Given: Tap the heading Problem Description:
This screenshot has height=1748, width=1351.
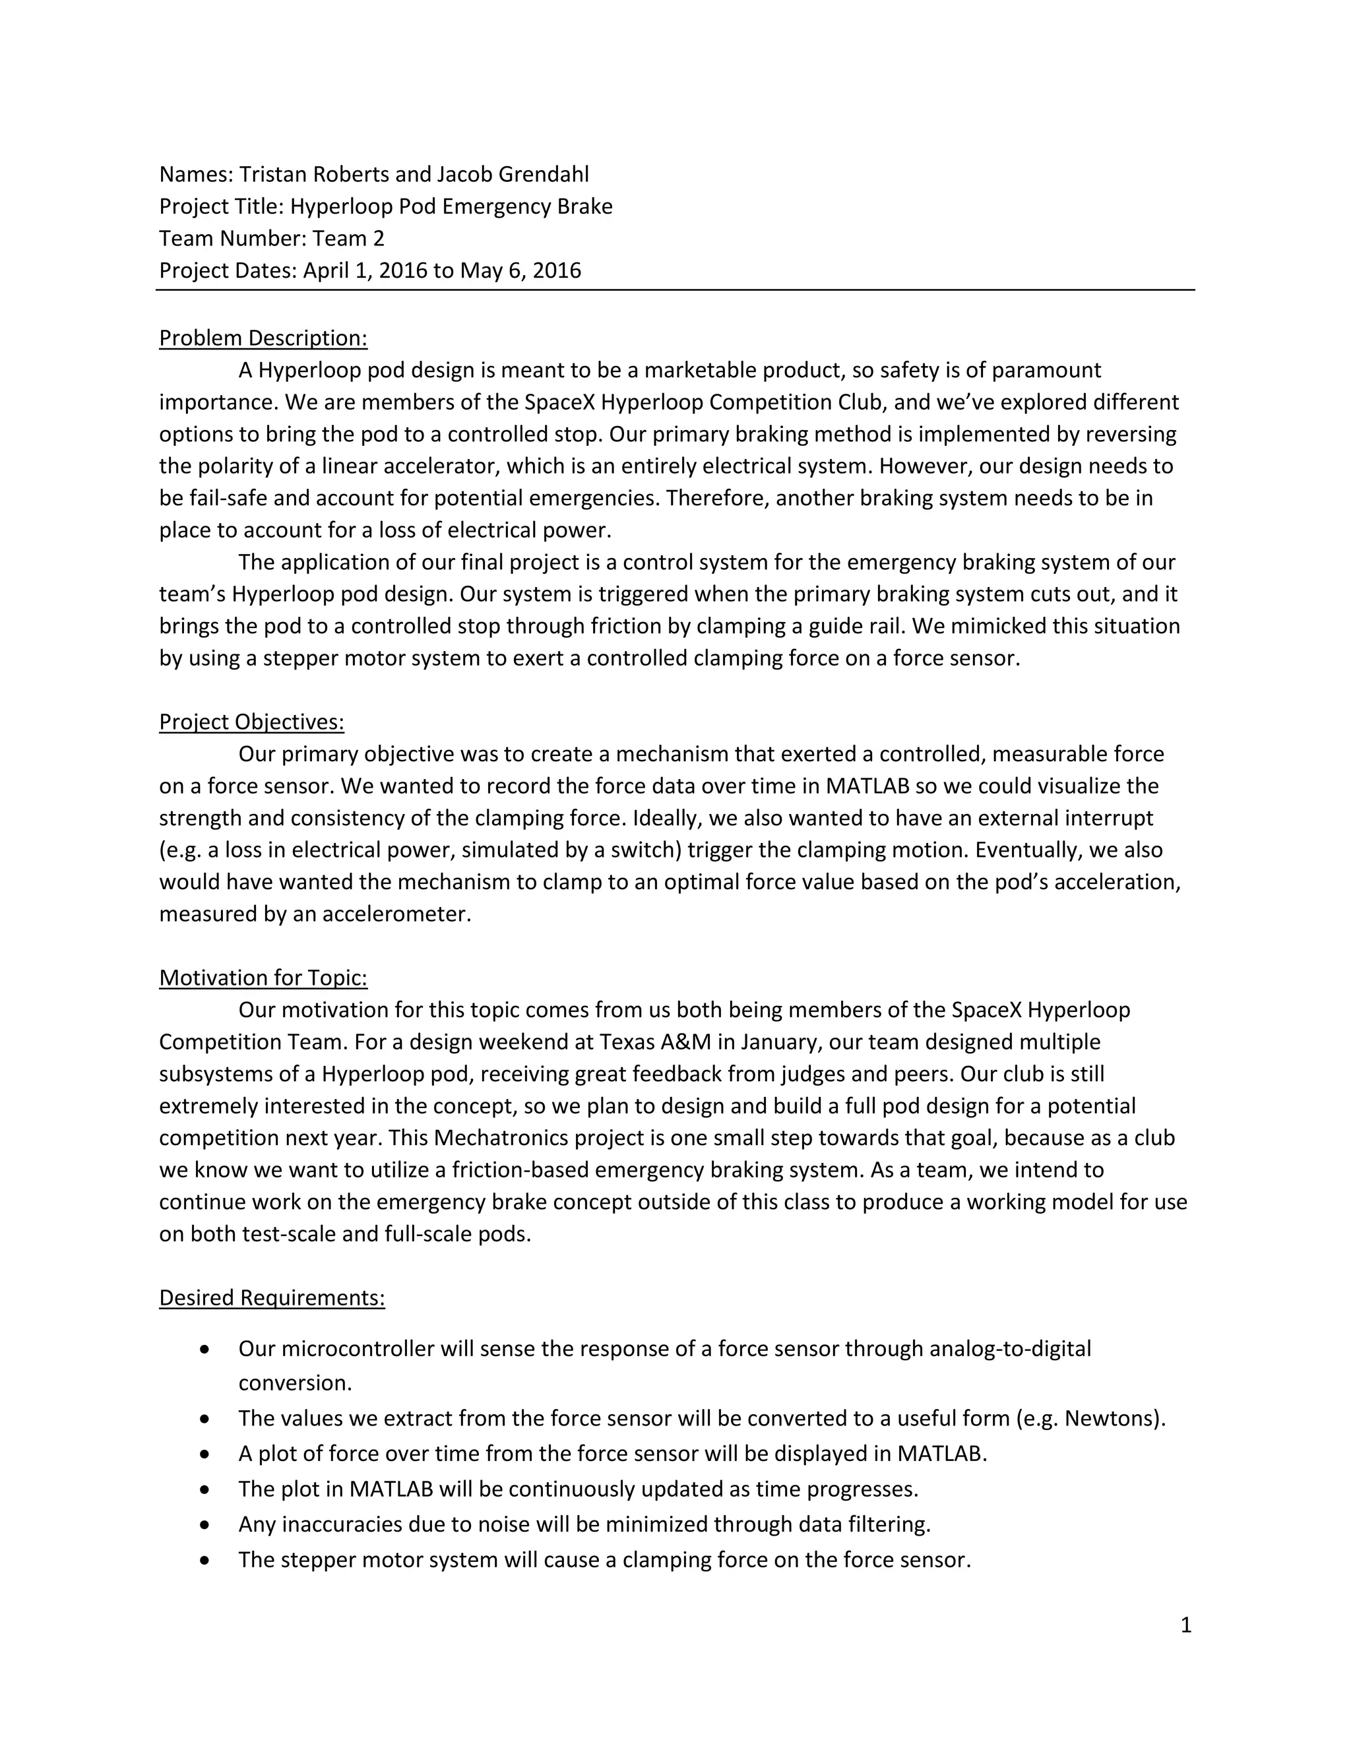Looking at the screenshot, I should point(263,338).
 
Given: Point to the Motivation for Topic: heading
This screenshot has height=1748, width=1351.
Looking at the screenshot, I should point(263,978).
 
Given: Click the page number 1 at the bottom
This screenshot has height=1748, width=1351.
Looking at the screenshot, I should point(1185,1625).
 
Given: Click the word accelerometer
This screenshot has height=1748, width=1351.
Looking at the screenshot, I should point(397,914).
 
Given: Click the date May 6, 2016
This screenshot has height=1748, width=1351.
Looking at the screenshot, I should point(520,270).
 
